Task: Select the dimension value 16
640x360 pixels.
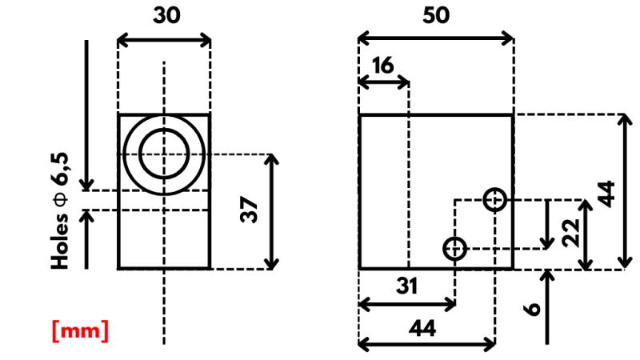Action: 383,66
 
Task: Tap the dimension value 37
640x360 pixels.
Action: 251,211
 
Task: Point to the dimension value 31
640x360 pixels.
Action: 406,286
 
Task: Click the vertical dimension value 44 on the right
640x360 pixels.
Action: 608,194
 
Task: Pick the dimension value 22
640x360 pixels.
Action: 570,234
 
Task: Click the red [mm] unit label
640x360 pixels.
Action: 80,330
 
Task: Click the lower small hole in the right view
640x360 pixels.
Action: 454,249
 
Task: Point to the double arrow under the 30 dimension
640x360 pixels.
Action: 164,38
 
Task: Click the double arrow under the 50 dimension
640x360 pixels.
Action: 435,38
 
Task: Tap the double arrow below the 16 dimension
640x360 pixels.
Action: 383,82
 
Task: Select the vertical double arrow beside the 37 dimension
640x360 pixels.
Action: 273,211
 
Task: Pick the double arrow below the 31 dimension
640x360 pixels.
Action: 406,304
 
